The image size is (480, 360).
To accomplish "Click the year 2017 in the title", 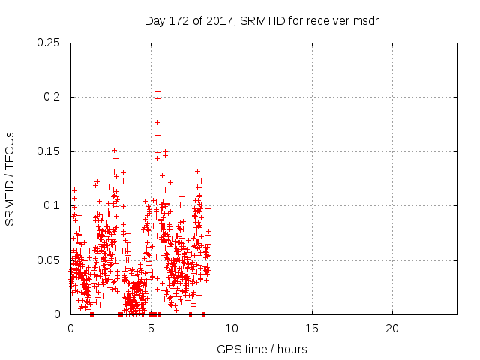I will point(219,20).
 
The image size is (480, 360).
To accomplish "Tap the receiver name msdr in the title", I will point(365,20).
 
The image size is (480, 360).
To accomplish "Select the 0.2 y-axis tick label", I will point(54,97).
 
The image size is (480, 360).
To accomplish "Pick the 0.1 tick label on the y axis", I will point(54,205).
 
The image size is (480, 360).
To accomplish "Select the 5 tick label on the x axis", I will point(151,328).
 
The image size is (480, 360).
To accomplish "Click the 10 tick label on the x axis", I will point(232,328).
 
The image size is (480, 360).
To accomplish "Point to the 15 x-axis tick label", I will point(312,328).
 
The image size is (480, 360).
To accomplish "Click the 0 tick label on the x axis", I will point(70,328).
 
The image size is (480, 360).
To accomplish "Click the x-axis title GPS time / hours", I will point(262,349).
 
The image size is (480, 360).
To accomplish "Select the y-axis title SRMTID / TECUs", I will point(10,178).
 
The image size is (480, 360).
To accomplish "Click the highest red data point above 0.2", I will point(157,91).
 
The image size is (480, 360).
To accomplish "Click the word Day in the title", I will point(154,20).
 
